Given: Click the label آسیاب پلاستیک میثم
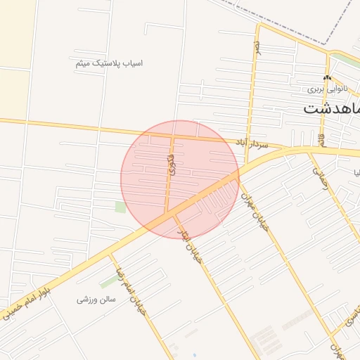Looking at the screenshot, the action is coord(109,63).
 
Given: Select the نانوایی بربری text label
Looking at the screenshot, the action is coord(326,90).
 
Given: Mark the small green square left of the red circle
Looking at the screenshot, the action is coord(120,207).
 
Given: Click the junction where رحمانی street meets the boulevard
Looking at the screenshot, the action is coord(310,150).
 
